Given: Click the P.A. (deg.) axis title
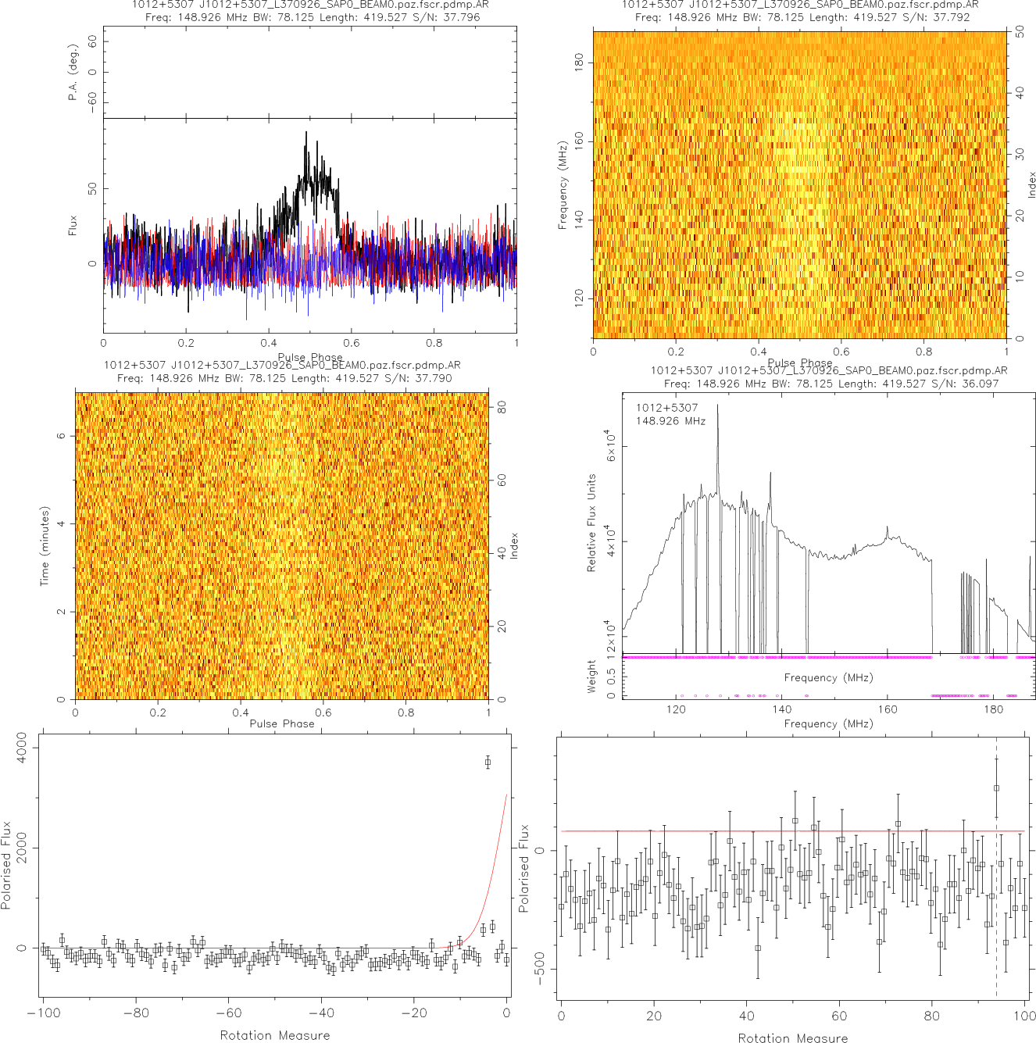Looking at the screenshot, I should pyautogui.click(x=73, y=73).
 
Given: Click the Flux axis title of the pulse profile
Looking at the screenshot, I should pyautogui.click(x=73, y=226).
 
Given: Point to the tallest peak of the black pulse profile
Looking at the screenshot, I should pyautogui.click(x=306, y=133).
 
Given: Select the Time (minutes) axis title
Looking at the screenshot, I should pyautogui.click(x=45, y=546).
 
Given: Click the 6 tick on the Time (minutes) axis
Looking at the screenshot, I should pyautogui.click(x=61, y=436).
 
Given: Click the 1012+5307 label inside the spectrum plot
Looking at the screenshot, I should pyautogui.click(x=666, y=408).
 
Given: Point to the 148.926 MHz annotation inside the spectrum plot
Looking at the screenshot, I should pyautogui.click(x=670, y=421).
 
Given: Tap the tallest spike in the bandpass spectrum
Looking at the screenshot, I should pyautogui.click(x=718, y=405).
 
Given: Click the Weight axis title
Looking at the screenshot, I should pyautogui.click(x=591, y=677).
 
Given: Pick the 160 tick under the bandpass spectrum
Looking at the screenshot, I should pyautogui.click(x=888, y=709).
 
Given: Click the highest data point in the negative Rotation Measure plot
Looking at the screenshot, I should pyautogui.click(x=488, y=762).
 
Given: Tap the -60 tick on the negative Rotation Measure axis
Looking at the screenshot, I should pyautogui.click(x=228, y=1013).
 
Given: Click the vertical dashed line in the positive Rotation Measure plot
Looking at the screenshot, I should pyautogui.click(x=996, y=898).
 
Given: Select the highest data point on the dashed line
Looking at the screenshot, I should pyautogui.click(x=996, y=788).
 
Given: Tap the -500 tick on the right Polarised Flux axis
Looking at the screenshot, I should pyautogui.click(x=540, y=970).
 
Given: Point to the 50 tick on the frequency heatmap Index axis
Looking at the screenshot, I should pyautogui.click(x=1020, y=32).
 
